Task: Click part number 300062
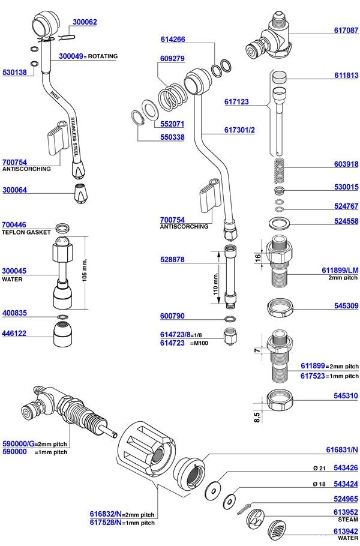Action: (x=85, y=22)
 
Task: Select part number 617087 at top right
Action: (x=346, y=29)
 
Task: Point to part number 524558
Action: (x=346, y=221)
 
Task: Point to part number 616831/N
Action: (x=341, y=449)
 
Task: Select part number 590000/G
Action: (x=18, y=444)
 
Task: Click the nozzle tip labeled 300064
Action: (x=79, y=194)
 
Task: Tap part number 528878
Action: (x=172, y=260)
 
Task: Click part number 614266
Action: (x=172, y=40)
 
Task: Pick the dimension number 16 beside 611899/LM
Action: (x=257, y=258)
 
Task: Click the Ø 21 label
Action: (x=317, y=467)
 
